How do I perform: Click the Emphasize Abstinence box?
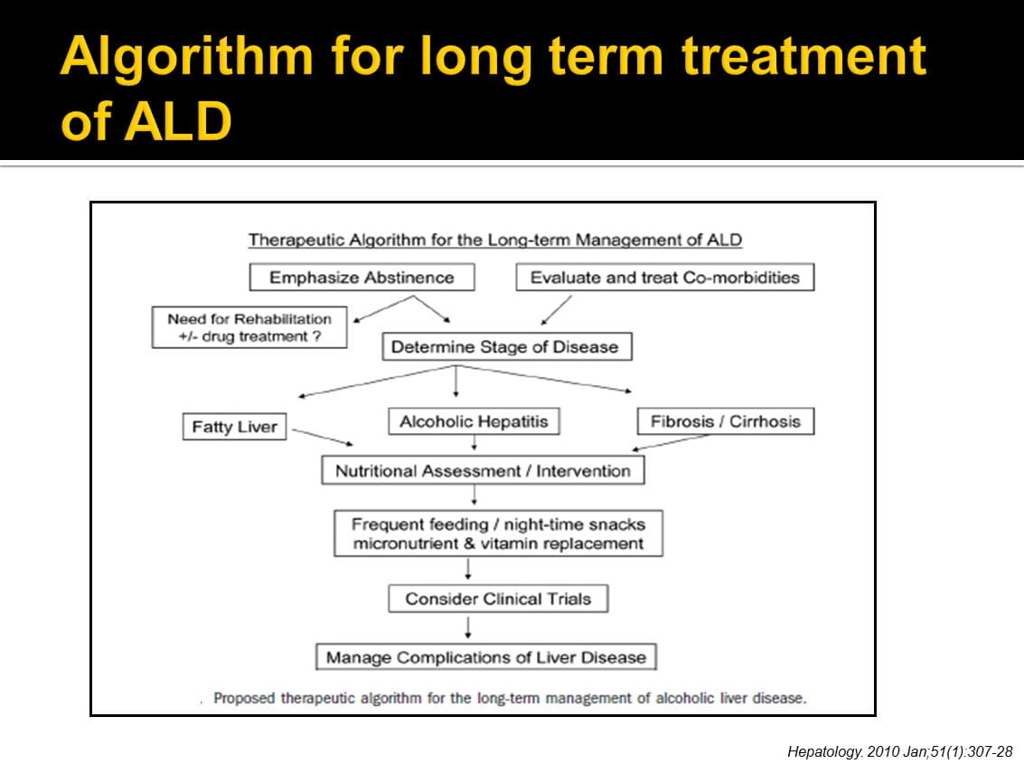(x=362, y=278)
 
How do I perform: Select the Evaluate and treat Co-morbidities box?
(x=664, y=278)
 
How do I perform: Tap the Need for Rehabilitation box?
(x=249, y=327)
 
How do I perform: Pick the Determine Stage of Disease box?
(x=505, y=347)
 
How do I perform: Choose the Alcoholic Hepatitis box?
(x=474, y=421)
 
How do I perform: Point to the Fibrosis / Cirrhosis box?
(x=726, y=421)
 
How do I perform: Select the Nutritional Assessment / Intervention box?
(x=483, y=470)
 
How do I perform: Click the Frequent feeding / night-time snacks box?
(x=498, y=533)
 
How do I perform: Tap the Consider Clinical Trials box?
(x=497, y=599)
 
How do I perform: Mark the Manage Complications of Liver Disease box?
(x=486, y=657)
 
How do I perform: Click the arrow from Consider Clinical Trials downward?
(x=468, y=627)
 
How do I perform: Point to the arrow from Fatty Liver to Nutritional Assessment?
(x=321, y=436)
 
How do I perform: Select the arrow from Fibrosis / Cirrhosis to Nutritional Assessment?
(x=673, y=442)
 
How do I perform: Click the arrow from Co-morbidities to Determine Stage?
(x=557, y=310)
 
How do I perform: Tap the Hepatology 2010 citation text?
(x=899, y=751)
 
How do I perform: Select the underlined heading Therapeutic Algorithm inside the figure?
(x=495, y=241)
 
